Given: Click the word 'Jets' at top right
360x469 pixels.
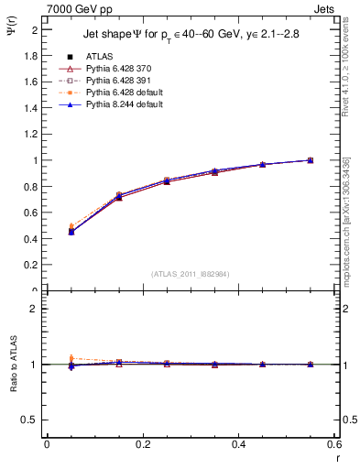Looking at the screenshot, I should tap(325, 8).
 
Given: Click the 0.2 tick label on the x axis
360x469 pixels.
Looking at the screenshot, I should tap(142, 445).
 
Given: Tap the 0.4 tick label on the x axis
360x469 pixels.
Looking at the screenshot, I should tap(238, 445).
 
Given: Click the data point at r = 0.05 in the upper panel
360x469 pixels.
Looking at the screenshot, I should tap(71, 231).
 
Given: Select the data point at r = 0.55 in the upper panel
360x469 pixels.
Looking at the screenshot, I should tap(311, 160).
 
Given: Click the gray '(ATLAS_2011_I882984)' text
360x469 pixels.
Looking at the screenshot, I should tap(191, 274).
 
